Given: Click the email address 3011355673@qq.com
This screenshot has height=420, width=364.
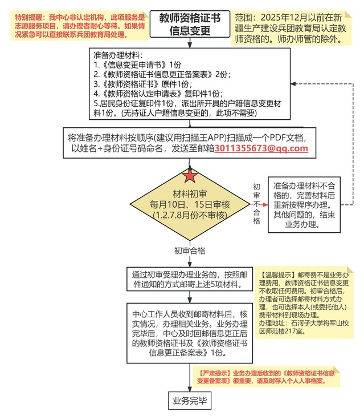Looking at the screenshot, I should click(x=261, y=148).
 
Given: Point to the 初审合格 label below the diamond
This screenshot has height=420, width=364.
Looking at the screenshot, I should click(x=190, y=251).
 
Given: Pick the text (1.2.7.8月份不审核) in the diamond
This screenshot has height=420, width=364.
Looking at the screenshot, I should click(x=190, y=215).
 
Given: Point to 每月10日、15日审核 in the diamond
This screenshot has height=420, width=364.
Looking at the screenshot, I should click(x=190, y=204).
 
